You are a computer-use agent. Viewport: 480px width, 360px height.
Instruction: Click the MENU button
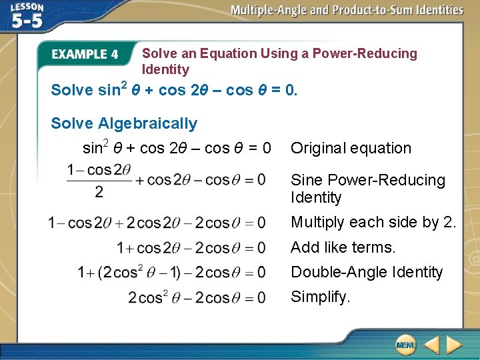[405, 345]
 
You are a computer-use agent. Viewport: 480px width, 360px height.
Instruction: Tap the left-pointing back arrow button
[431, 345]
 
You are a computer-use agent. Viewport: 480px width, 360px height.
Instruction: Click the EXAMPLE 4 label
[85, 55]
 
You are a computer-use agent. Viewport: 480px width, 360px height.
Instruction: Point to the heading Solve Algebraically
[124, 123]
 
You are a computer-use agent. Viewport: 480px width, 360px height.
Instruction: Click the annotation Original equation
[351, 148]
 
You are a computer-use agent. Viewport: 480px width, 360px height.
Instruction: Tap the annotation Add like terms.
[343, 247]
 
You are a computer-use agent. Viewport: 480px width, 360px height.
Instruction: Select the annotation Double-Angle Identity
[367, 272]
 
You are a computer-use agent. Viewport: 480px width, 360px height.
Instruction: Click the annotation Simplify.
[321, 297]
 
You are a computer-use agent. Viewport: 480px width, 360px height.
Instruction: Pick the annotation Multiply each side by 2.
[373, 222]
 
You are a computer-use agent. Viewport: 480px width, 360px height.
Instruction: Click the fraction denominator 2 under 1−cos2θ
[99, 192]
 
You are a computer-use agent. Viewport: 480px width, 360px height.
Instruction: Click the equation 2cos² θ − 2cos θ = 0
[197, 297]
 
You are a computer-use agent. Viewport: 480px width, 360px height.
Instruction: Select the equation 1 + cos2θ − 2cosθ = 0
[191, 248]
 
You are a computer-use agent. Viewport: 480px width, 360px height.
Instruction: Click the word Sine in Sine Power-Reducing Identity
[307, 180]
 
